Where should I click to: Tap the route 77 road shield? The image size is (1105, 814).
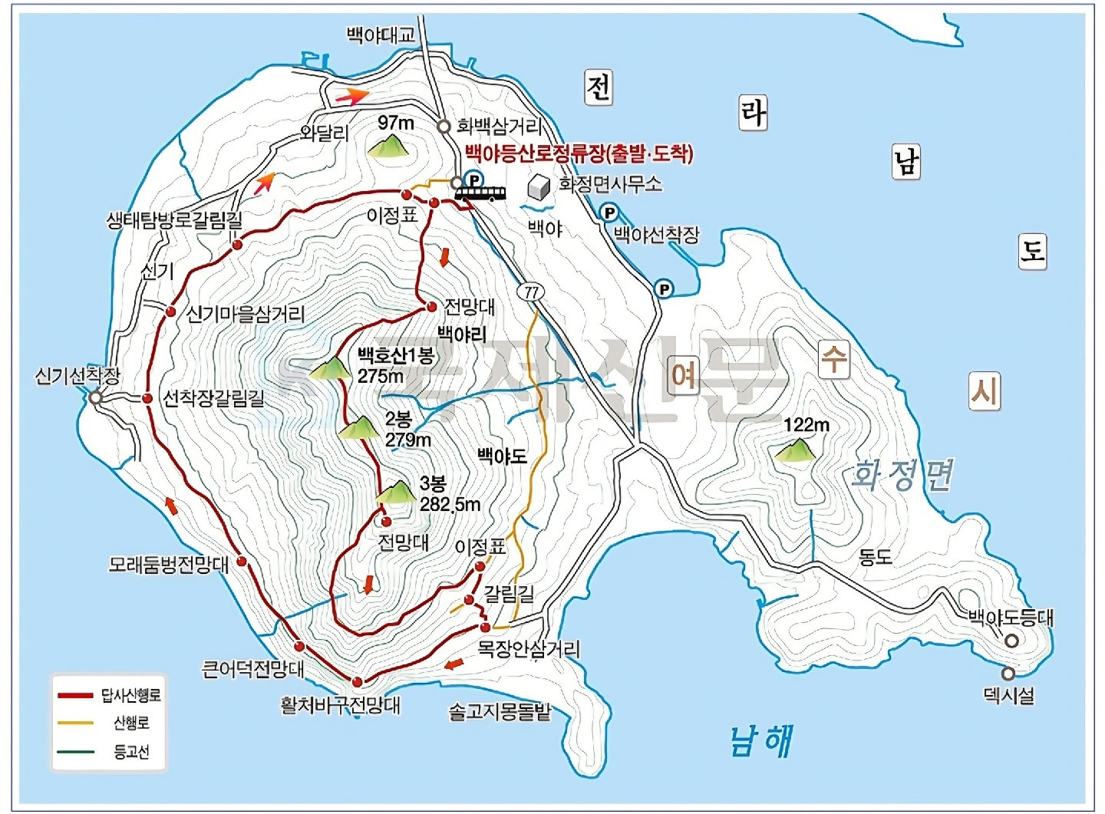pyautogui.click(x=530, y=292)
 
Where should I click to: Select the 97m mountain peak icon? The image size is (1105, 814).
pyautogui.click(x=388, y=146)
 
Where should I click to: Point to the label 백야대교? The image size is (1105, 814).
pyautogui.click(x=381, y=35)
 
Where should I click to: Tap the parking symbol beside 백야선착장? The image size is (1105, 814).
pyautogui.click(x=609, y=213)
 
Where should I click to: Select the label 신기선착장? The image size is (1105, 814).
pyautogui.click(x=78, y=376)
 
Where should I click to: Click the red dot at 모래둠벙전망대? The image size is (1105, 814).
pyautogui.click(x=242, y=562)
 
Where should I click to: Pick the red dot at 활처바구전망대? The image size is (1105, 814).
pyautogui.click(x=357, y=681)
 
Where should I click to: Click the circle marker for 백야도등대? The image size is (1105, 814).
pyautogui.click(x=1011, y=641)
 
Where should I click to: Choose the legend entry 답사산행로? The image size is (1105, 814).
pyautogui.click(x=131, y=696)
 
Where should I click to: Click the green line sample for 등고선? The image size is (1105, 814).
pyautogui.click(x=76, y=752)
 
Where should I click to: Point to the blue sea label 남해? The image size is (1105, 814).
pyautogui.click(x=761, y=740)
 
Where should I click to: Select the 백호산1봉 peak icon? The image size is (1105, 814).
pyautogui.click(x=331, y=369)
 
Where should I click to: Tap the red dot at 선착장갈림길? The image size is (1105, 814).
pyautogui.click(x=147, y=398)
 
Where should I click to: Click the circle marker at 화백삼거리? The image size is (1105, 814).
pyautogui.click(x=444, y=127)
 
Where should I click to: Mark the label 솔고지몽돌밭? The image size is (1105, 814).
pyautogui.click(x=500, y=712)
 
